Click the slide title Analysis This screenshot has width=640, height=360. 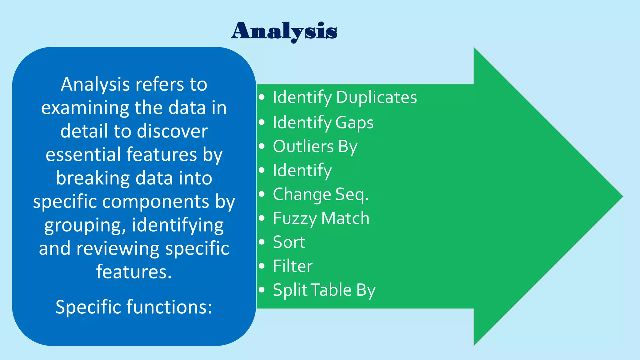pos(284,31)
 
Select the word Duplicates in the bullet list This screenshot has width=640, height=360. pos(376,97)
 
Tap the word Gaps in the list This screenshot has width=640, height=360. pos(354,122)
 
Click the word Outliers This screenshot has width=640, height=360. pos(303,146)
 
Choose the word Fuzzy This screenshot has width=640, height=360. pos(294,218)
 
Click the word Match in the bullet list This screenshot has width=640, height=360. pos(345,218)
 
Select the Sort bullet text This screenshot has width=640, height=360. pos(289,242)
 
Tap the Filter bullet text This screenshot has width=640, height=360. pos(292,266)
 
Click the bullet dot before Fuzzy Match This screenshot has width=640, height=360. pos(262,217)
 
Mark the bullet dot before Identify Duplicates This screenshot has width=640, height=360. pos(262,97)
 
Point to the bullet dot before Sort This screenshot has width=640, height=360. pos(262,242)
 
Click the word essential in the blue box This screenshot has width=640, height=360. pos(83,154)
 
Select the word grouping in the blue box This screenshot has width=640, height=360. pos(85,225)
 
